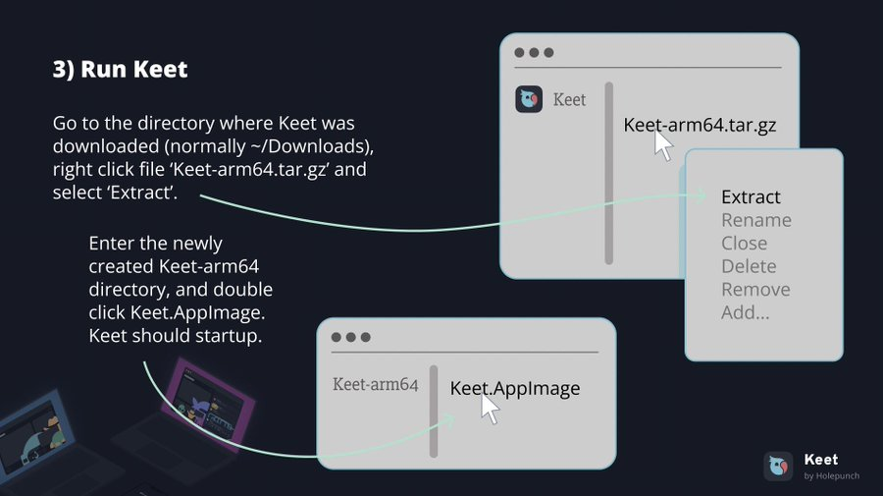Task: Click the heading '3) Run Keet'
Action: point(120,70)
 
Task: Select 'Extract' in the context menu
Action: point(751,196)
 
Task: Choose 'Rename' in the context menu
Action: point(756,220)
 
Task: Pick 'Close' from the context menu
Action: point(744,243)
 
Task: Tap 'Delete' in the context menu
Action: point(749,266)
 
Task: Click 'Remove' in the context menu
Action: point(755,289)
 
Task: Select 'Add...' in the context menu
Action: point(745,312)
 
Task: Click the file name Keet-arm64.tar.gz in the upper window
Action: point(700,125)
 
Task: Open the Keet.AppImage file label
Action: point(515,388)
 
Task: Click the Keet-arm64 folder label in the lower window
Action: point(375,384)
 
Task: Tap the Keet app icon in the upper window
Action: point(529,99)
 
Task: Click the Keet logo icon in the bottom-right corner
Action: point(778,467)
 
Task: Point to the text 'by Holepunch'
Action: point(831,475)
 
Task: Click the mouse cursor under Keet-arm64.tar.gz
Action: point(663,145)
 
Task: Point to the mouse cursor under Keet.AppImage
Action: point(490,410)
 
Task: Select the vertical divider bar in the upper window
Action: point(608,173)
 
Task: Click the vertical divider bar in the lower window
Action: point(434,412)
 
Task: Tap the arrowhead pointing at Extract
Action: point(701,195)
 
